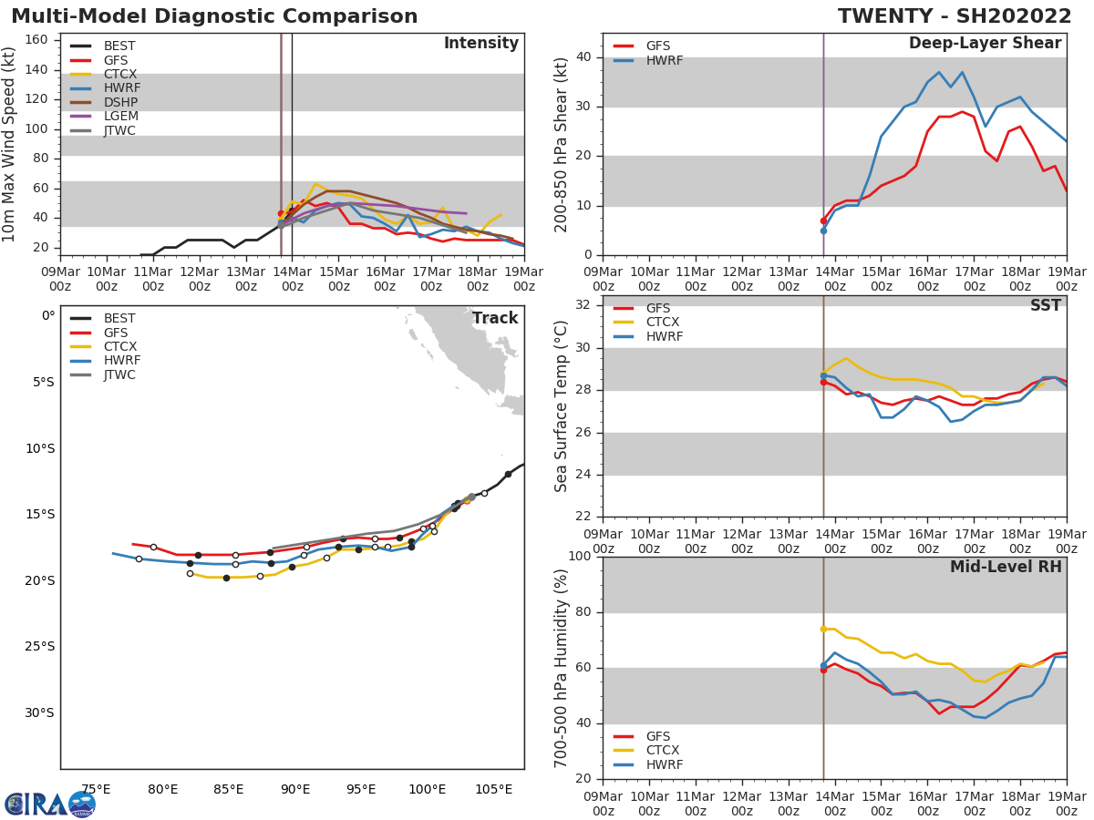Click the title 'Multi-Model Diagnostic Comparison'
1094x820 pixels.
click(x=214, y=16)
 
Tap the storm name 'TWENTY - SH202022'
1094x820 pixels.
click(x=955, y=16)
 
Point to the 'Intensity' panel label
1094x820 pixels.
click(x=480, y=44)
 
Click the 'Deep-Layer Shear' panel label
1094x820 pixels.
click(x=985, y=44)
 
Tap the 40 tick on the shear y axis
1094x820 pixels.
click(x=584, y=57)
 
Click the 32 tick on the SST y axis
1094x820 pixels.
click(x=584, y=305)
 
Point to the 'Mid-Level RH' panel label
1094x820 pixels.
click(x=1006, y=568)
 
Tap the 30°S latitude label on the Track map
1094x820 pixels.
click(x=39, y=712)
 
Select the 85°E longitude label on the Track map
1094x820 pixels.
click(x=229, y=789)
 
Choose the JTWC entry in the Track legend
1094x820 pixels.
click(x=120, y=374)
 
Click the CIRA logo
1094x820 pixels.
click(x=50, y=805)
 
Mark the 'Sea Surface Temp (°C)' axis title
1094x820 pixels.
click(x=562, y=406)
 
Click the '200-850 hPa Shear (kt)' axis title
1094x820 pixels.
click(x=562, y=145)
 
